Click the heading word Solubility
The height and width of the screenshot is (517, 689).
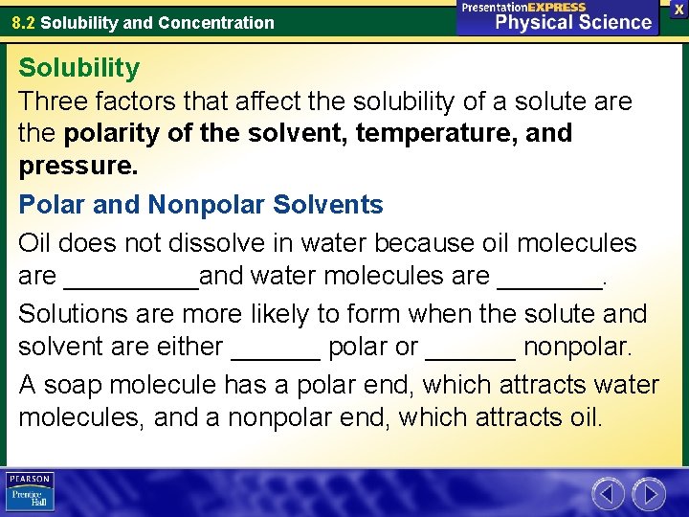[78, 68]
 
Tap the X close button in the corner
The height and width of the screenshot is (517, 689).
[678, 9]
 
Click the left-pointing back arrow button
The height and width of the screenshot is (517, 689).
[608, 494]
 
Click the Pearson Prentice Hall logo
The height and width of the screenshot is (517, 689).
[30, 491]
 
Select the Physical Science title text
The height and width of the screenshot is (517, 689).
[572, 21]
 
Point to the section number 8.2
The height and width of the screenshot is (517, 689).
[23, 22]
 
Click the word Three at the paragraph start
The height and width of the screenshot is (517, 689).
[53, 101]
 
